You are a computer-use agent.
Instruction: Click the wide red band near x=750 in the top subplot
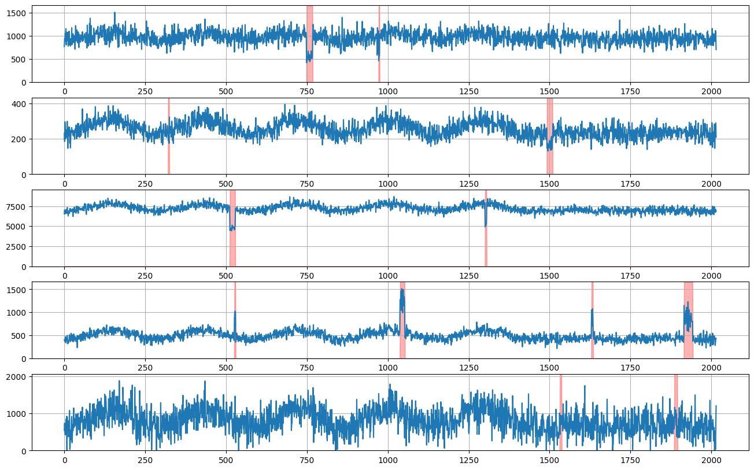(x=309, y=43)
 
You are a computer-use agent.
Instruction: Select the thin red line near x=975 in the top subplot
(x=379, y=43)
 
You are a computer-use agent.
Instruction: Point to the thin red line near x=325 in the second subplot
(x=169, y=136)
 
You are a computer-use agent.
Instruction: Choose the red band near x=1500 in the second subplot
(x=550, y=136)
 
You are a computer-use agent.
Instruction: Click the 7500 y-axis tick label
(x=18, y=207)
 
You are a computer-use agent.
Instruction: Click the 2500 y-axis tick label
(x=18, y=247)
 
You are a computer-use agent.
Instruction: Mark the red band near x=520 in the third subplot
(x=232, y=228)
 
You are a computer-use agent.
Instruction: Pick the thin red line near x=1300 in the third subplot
(x=486, y=228)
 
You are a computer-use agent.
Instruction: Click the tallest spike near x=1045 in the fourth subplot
(x=402, y=290)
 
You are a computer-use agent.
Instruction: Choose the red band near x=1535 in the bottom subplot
(x=560, y=412)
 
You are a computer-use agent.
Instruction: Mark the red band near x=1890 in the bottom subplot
(x=675, y=412)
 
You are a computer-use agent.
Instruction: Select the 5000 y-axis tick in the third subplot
(x=18, y=227)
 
